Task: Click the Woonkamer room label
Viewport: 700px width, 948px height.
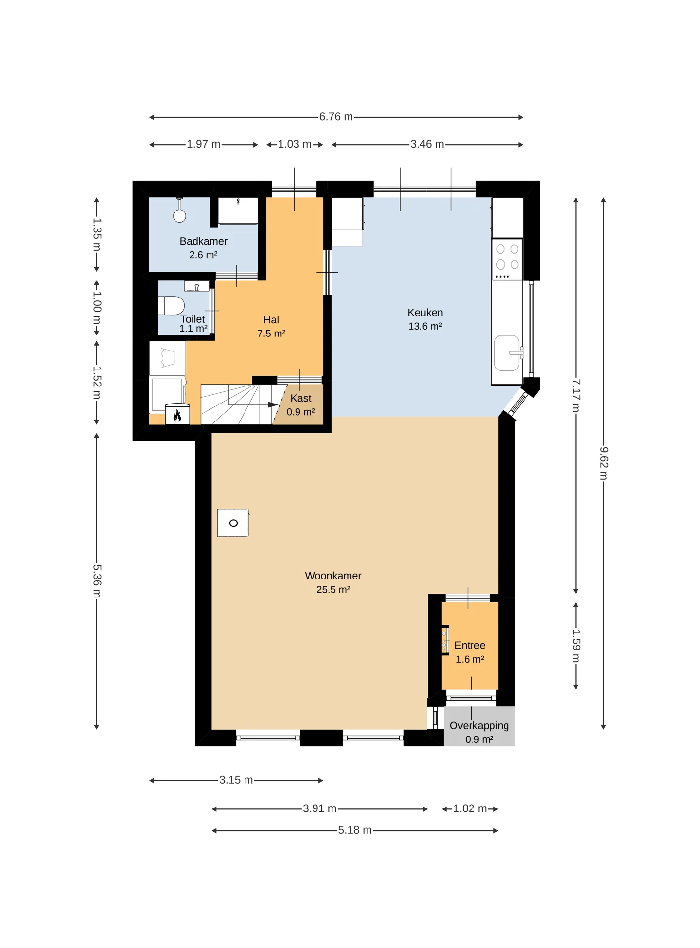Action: (333, 576)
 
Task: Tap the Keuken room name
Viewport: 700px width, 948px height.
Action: (425, 313)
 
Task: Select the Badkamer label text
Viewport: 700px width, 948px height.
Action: (203, 241)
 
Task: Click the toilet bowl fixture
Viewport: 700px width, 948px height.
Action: (171, 306)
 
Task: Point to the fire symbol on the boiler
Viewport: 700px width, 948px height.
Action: (177, 416)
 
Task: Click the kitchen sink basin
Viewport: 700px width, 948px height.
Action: (507, 353)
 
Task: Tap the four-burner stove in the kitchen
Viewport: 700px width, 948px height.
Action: (507, 259)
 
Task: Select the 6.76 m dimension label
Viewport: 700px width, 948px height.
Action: (336, 117)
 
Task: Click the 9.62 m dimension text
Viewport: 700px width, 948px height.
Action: (603, 463)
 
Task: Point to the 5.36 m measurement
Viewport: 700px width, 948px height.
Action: (97, 580)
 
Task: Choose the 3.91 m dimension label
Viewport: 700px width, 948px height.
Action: (319, 808)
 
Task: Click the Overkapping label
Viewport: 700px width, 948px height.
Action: (479, 726)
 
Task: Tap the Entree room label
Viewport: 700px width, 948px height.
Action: (470, 646)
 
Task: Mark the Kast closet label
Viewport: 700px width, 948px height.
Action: (301, 398)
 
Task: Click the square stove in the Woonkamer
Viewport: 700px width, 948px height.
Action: (233, 523)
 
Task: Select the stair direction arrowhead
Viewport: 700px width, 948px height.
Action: (273, 404)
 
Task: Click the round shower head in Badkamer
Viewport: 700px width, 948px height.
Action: (180, 216)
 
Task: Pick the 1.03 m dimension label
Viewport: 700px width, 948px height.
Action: (295, 144)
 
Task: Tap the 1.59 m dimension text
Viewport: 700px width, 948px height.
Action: (576, 646)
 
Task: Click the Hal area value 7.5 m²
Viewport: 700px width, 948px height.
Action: (271, 334)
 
